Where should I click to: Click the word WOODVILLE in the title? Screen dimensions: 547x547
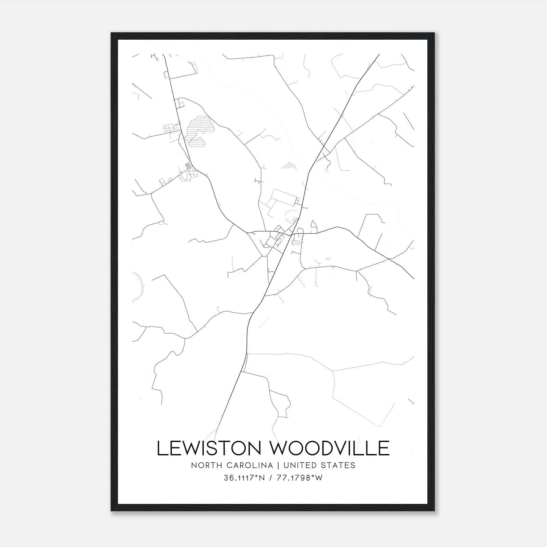(x=330, y=448)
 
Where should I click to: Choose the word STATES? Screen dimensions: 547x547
(x=340, y=465)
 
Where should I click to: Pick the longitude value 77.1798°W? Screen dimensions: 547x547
(x=300, y=478)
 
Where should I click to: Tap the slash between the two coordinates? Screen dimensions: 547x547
(x=271, y=478)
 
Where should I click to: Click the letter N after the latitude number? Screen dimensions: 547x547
(x=262, y=478)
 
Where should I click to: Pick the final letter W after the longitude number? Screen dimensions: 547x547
(x=319, y=478)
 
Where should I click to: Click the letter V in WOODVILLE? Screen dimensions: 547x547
(x=343, y=448)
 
